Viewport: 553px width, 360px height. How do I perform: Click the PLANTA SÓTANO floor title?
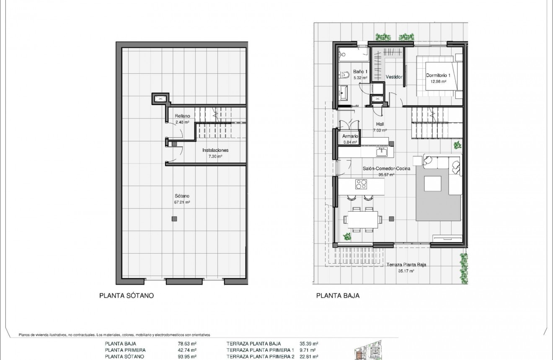127,295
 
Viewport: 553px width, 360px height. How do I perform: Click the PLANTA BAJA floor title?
338,295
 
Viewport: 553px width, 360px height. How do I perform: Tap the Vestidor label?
394,77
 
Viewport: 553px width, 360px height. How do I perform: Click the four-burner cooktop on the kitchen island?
361,184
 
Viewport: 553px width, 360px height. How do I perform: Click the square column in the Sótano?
174,219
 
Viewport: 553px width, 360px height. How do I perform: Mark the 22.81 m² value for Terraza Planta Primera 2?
309,357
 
